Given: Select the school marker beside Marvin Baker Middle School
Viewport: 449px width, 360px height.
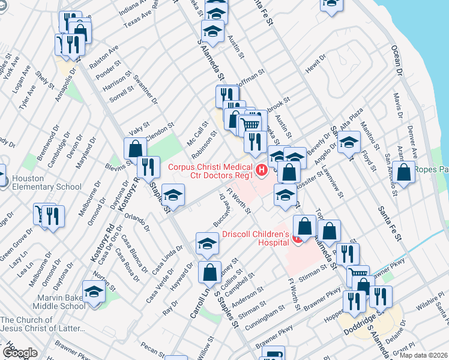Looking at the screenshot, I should (x=94, y=292).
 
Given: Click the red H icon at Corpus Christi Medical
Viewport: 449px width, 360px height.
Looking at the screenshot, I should (x=262, y=170).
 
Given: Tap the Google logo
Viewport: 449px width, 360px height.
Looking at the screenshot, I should (x=20, y=353).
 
